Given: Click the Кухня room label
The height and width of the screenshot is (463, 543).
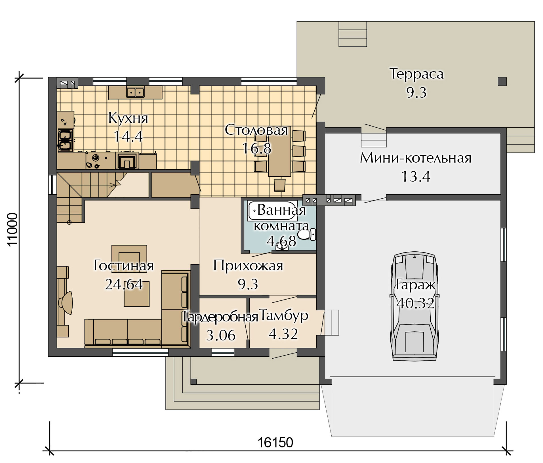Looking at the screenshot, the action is click(128, 118).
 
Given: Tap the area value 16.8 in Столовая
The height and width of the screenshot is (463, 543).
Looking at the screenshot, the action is click(257, 148).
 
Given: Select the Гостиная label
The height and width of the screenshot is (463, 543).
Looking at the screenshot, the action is click(124, 266).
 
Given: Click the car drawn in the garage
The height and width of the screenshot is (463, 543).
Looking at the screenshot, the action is click(415, 306).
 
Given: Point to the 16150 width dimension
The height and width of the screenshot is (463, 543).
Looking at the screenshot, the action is click(275, 442).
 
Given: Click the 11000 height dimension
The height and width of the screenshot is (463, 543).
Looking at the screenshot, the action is click(13, 230).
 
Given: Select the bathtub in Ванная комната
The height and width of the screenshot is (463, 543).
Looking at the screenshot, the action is click(272, 211).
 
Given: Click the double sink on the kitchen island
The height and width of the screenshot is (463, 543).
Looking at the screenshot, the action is click(135, 92).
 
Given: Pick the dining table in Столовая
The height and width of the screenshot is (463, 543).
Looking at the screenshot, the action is click(279, 153).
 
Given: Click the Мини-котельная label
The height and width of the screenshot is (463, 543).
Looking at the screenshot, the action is click(416, 158).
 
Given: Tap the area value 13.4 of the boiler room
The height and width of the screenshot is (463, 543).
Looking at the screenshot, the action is click(416, 176).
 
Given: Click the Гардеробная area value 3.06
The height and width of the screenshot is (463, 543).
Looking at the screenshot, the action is click(221, 336).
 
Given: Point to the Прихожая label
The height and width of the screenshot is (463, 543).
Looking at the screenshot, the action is click(248, 266).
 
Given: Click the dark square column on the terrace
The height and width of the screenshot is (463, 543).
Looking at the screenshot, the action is click(502, 82).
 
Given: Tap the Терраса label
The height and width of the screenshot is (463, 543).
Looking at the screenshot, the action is click(416, 74).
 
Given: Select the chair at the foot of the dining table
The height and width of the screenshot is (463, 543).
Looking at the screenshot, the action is click(279, 184).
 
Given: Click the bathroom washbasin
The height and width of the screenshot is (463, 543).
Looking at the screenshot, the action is click(282, 247).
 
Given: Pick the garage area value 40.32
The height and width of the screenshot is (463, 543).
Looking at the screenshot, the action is click(415, 303).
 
